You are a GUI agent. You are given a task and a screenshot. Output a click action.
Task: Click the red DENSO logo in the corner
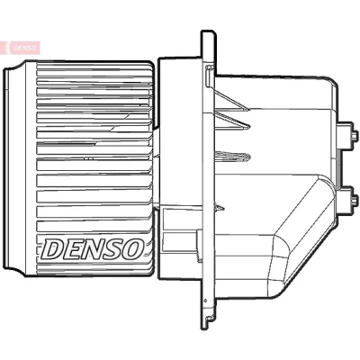point(21,48)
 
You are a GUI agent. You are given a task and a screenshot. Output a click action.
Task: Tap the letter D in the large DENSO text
point(53,248)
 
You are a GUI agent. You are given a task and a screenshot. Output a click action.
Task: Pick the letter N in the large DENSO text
point(91,248)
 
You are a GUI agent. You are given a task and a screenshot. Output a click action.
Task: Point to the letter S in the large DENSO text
point(112,248)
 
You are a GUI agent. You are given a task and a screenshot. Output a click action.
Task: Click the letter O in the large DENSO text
point(131,248)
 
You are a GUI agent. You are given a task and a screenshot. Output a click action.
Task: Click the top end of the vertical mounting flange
point(208,31)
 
